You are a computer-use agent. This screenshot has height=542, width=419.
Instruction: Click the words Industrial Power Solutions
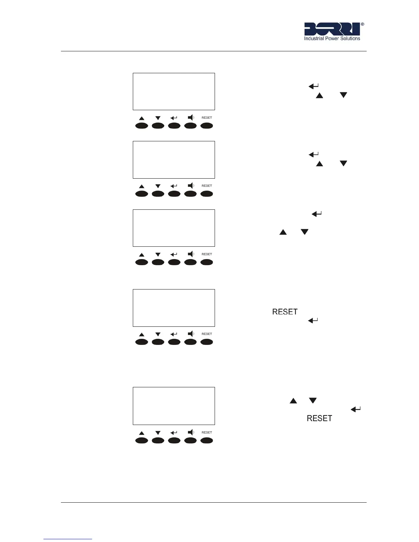click(x=332, y=39)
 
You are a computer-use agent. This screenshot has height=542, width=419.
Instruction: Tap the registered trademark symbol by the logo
click(x=363, y=24)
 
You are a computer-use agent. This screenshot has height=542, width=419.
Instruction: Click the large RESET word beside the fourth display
click(x=285, y=312)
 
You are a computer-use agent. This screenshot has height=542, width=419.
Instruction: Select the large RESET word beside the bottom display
click(x=319, y=418)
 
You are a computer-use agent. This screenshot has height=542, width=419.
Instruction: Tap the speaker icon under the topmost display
click(x=191, y=117)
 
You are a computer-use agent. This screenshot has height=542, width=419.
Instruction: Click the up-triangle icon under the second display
click(x=142, y=186)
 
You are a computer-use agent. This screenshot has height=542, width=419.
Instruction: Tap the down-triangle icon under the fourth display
click(x=158, y=334)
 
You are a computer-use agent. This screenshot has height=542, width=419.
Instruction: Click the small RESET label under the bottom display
click(x=207, y=433)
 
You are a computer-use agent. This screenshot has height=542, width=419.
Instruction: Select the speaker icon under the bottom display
click(x=191, y=432)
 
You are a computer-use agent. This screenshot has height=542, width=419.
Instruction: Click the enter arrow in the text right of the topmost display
click(x=314, y=86)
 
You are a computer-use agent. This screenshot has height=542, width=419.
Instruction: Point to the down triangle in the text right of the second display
click(x=343, y=164)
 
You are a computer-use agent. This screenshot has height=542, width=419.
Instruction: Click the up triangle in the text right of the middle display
click(x=283, y=232)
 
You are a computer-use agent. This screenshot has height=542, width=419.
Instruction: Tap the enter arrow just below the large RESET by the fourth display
click(x=313, y=321)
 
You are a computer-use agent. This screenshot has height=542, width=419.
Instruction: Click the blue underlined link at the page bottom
click(x=68, y=539)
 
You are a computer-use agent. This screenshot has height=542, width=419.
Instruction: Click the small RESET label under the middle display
click(x=207, y=254)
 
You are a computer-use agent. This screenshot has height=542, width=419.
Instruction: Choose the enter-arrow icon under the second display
click(x=174, y=186)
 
